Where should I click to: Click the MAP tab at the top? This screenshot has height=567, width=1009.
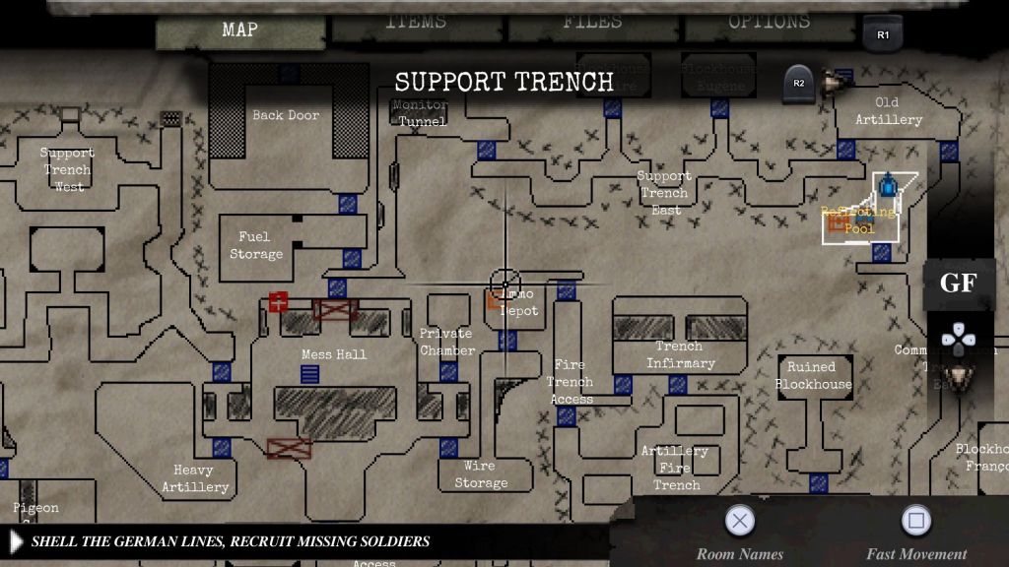[x=240, y=30]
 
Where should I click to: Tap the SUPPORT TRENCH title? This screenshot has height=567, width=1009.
[x=504, y=82]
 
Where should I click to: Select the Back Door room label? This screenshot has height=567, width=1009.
[x=286, y=115]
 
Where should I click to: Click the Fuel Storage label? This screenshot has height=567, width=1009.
[x=256, y=245]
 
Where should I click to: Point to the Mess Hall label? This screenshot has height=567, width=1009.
[x=334, y=354]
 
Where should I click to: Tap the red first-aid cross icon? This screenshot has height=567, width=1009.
[x=278, y=302]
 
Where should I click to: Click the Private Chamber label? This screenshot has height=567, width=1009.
[x=447, y=342]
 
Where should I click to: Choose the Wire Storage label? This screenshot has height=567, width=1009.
[x=481, y=473]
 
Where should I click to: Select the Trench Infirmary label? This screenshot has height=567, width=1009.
[x=680, y=354]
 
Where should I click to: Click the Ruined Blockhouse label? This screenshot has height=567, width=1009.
[x=814, y=375]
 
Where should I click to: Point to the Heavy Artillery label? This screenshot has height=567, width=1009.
[x=194, y=478]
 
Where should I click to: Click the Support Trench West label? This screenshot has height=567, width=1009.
[x=67, y=169]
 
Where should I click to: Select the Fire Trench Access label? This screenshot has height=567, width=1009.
[x=571, y=382]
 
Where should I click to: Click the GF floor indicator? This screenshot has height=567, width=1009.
[x=958, y=283]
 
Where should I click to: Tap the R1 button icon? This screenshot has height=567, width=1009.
[x=883, y=35]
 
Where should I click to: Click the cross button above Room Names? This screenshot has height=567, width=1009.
[x=740, y=520]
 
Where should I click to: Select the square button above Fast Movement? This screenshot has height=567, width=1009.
[x=916, y=520]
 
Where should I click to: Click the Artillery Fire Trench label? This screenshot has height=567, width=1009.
[x=676, y=468]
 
